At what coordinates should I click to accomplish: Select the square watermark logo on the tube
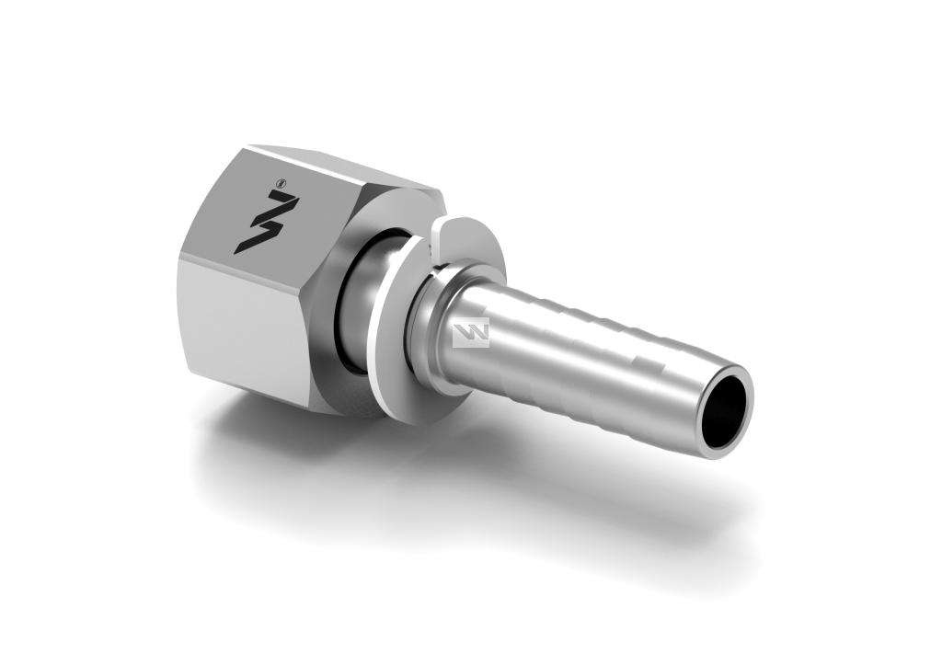471,333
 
